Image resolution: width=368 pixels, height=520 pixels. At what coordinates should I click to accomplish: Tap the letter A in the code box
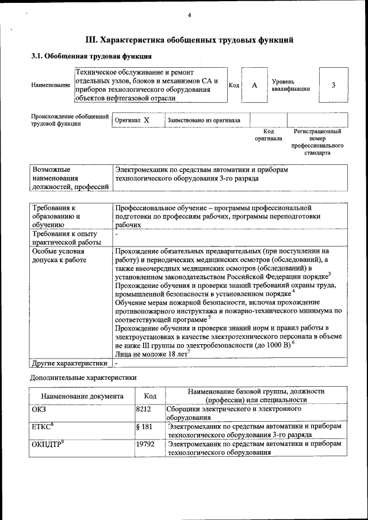coord(254,85)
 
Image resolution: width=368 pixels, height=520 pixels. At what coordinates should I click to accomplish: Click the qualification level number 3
coord(333,85)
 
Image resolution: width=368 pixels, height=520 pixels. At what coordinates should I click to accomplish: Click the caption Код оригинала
coord(269,135)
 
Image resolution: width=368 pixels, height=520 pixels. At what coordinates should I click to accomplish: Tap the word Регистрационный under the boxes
coord(317,132)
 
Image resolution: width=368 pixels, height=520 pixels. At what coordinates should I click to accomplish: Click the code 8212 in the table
coord(144,409)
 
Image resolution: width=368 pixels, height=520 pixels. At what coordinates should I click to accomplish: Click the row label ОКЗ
coord(40,409)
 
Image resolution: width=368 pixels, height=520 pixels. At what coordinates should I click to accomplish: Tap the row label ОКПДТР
coord(46,444)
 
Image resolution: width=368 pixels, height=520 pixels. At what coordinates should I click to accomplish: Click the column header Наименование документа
coord(82,396)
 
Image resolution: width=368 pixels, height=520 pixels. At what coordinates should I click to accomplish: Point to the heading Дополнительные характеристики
coord(83,378)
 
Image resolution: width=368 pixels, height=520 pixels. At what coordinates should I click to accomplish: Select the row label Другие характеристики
coord(70,363)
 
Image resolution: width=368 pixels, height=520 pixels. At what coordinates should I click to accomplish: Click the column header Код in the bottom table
coord(150,396)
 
